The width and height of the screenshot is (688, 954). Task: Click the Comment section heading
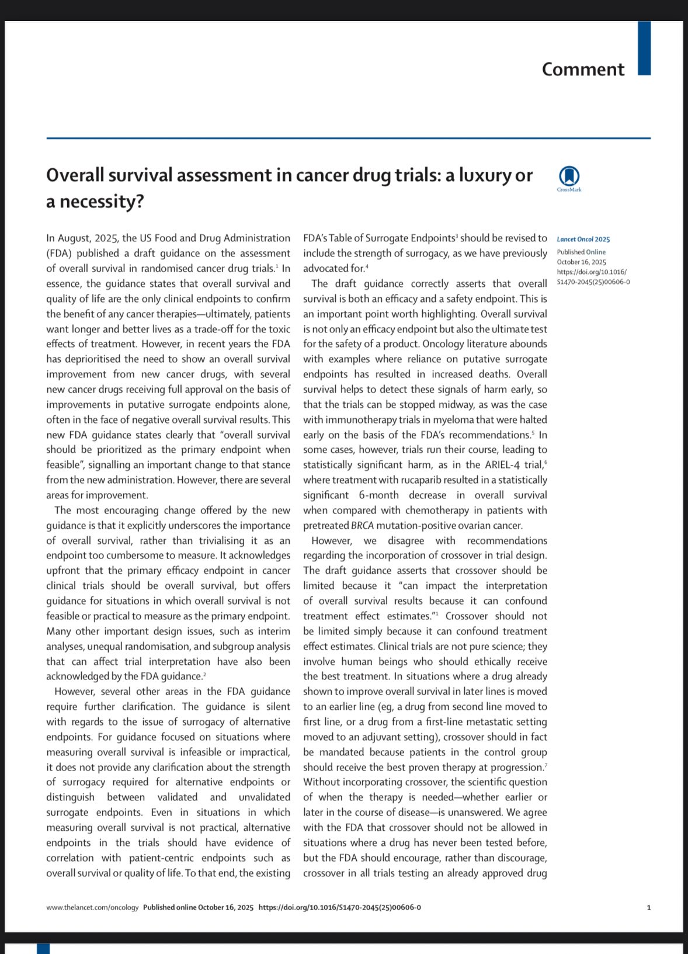click(583, 70)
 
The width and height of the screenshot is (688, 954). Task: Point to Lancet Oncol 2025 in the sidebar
click(583, 239)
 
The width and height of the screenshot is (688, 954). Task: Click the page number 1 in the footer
click(648, 907)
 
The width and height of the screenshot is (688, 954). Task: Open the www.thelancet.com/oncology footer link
click(92, 907)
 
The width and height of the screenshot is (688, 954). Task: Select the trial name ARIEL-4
click(514, 465)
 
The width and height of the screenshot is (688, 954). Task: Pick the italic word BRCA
click(362, 525)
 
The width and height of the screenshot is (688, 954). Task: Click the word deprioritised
click(77, 359)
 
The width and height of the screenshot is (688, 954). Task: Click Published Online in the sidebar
click(581, 252)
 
